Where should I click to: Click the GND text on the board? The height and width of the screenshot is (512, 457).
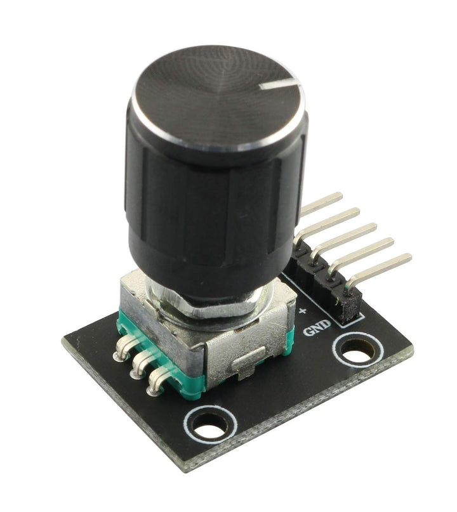(317, 328)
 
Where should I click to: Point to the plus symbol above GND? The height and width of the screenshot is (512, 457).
(303, 311)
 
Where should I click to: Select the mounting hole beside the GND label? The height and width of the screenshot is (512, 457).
(358, 350)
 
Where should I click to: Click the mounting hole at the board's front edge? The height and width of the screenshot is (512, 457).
(210, 424)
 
